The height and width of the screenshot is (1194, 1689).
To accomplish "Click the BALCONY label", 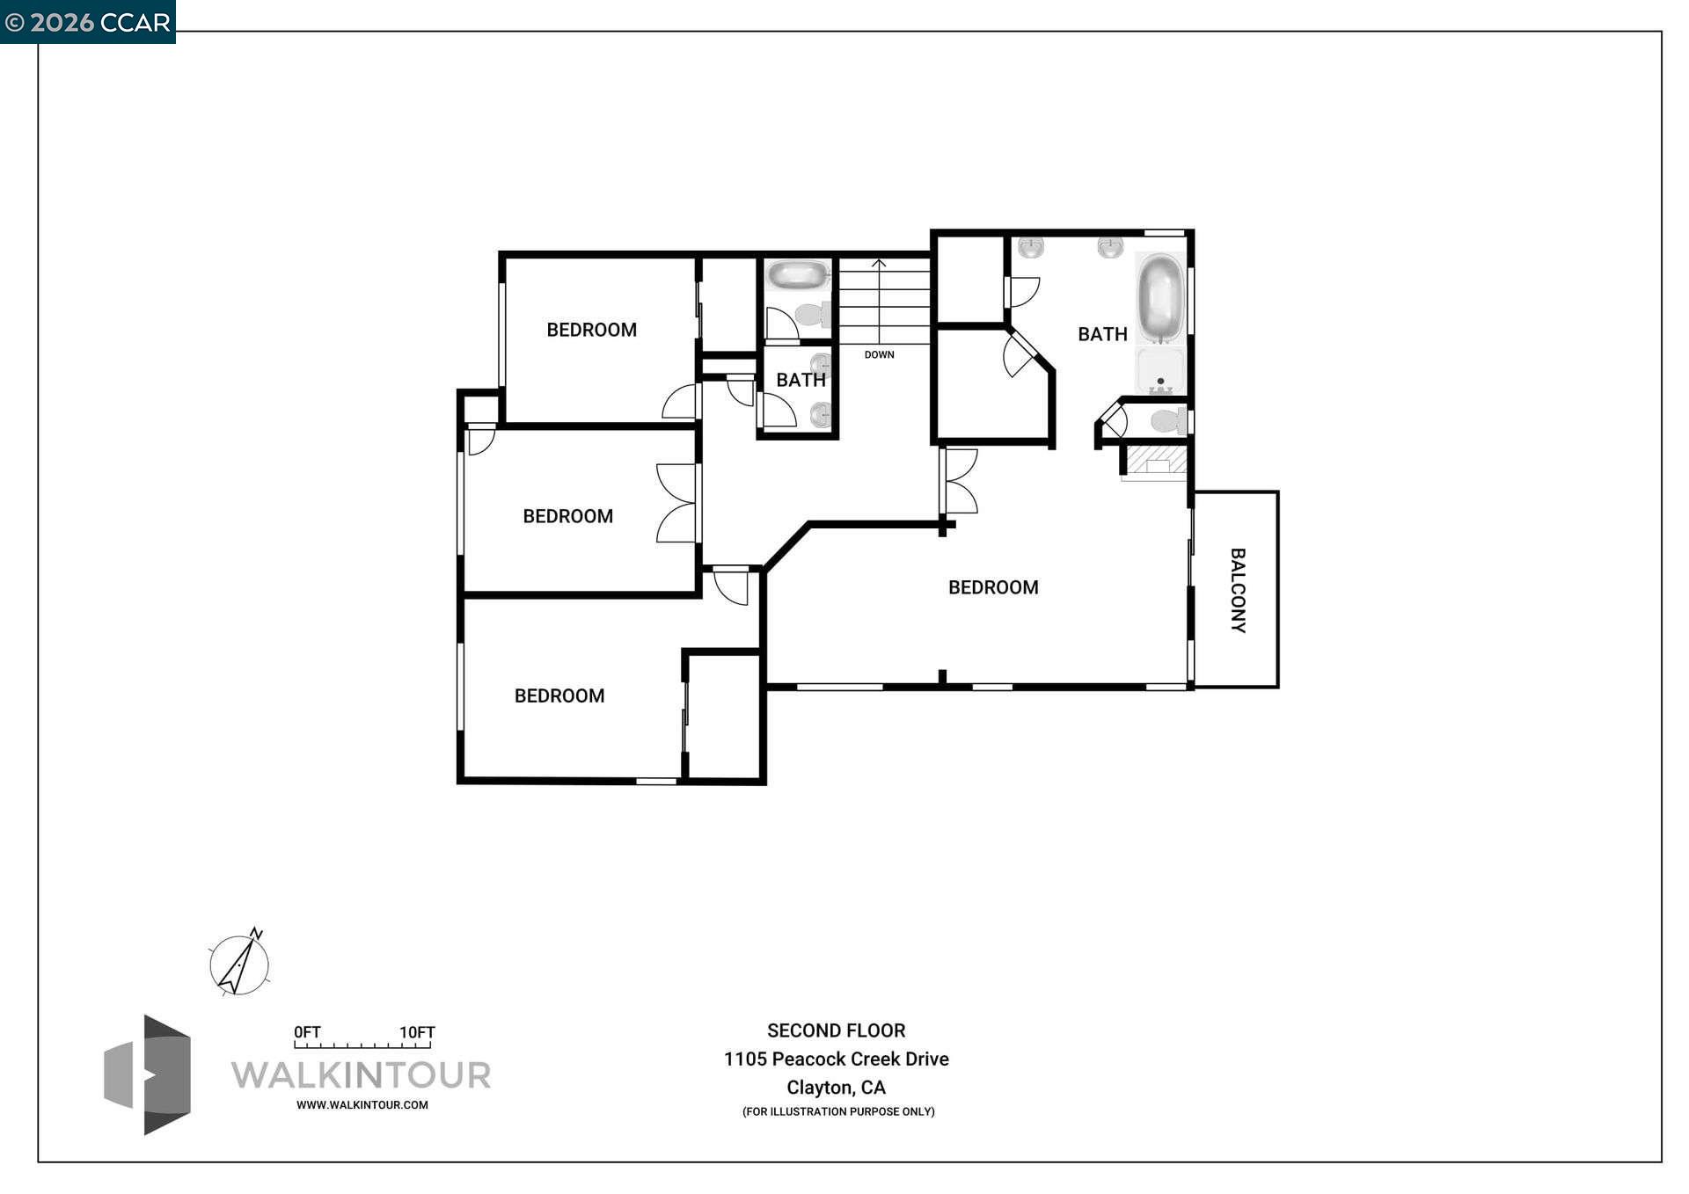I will point(1237,590).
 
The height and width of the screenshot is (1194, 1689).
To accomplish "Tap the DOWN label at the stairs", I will point(879,354).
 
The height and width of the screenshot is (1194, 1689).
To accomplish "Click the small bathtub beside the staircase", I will point(798,275).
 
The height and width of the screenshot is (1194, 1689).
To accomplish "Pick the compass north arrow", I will point(239,964).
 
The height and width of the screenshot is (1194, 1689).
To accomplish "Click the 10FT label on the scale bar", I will point(417,1032).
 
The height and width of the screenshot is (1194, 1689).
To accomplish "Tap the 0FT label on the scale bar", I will point(307,1032).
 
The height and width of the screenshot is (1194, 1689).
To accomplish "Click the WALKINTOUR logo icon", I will point(148,1074).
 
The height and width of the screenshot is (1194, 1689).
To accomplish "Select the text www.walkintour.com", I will point(362,1105).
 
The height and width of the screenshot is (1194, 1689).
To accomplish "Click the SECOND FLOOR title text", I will point(836,1030).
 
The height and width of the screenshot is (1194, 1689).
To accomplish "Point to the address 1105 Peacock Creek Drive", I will point(836,1059).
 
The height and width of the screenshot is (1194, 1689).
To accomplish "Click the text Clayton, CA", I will point(836,1088).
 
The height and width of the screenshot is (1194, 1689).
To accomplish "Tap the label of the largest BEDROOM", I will point(993,587).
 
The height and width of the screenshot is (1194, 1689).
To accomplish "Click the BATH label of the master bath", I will point(1102,334).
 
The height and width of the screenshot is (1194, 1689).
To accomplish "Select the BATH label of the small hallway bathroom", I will point(801,380).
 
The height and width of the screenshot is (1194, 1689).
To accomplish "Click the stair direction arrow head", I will point(879,263).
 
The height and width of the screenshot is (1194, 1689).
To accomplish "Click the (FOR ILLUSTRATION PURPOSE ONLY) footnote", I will point(837,1111).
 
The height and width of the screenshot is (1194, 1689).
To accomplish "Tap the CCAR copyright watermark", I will point(88,21).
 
